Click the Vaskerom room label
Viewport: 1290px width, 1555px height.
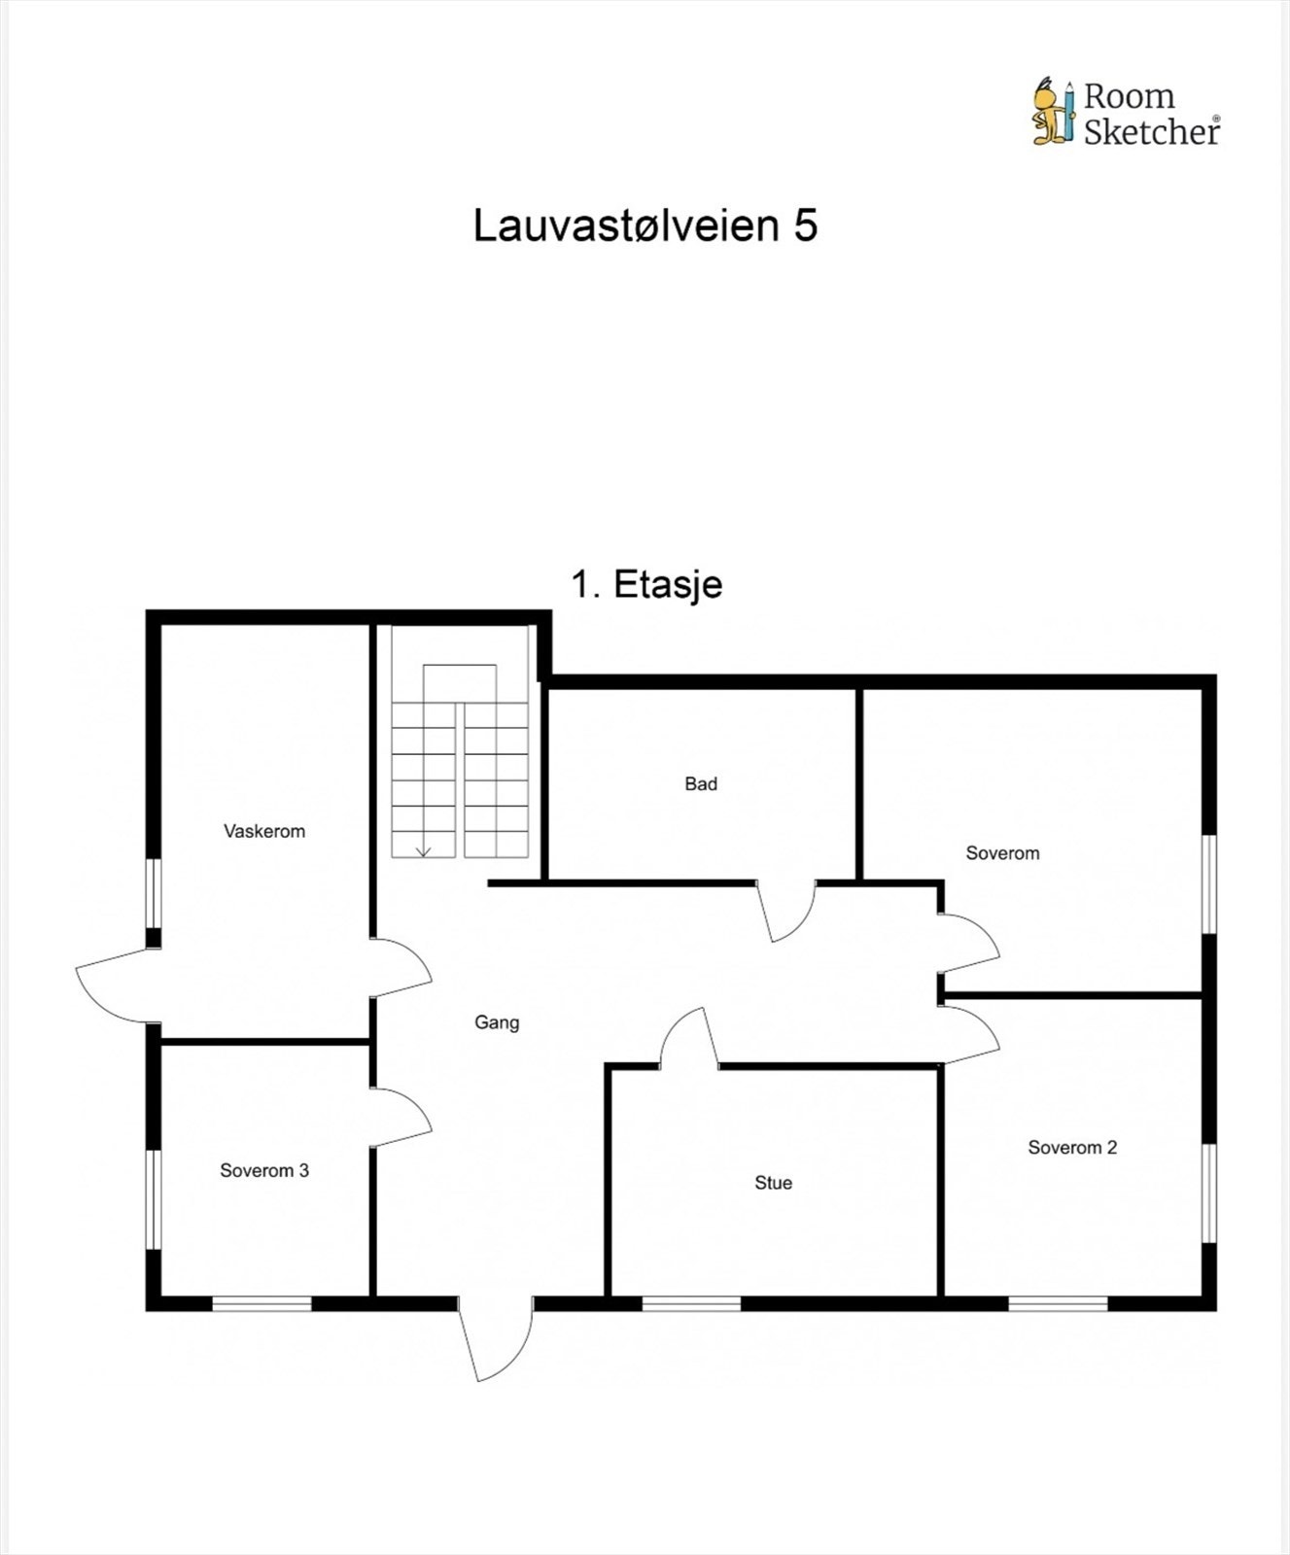(264, 831)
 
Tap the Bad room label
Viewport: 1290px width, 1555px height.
(701, 783)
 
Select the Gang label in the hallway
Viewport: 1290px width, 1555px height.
(497, 1022)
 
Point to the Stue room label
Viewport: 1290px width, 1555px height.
(773, 1183)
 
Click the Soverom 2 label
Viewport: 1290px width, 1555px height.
(1072, 1148)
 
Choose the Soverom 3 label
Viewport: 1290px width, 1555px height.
(264, 1171)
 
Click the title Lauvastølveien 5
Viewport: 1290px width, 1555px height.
(645, 225)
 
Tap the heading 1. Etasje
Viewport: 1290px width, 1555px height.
(646, 584)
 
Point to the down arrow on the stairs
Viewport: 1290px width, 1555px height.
(423, 851)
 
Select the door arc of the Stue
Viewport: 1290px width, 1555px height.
(688, 1038)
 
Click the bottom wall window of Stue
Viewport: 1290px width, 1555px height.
(691, 1303)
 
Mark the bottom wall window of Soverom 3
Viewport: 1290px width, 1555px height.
(261, 1303)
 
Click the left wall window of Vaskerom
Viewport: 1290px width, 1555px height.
(154, 893)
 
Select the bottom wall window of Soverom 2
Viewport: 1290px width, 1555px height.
(1058, 1303)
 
